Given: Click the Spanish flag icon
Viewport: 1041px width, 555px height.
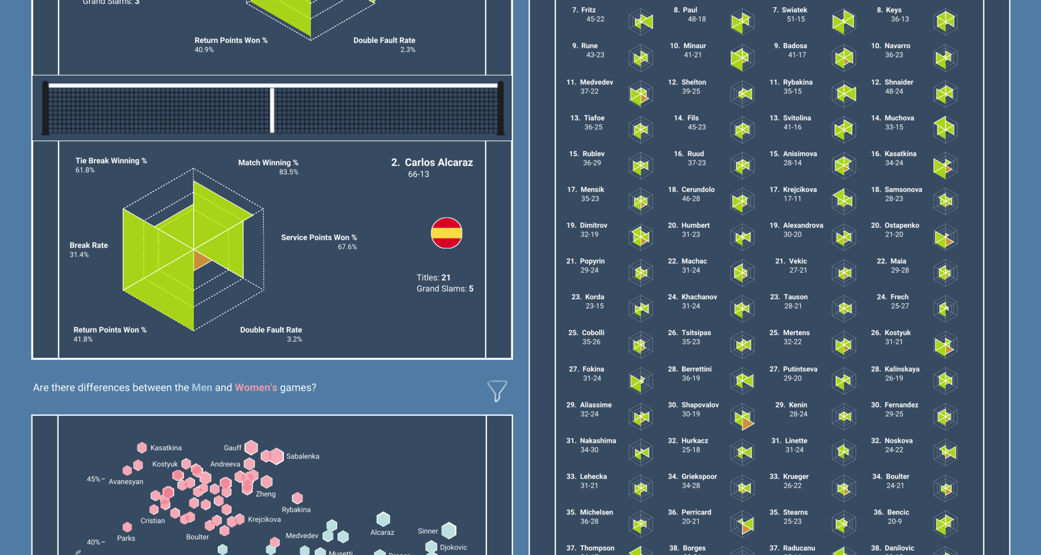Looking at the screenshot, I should tap(446, 233).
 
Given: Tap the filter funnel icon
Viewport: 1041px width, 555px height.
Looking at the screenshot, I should tap(497, 390).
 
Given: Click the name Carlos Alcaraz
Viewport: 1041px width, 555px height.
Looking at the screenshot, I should tap(439, 163).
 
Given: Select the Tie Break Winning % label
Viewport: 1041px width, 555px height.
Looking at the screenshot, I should tap(111, 161).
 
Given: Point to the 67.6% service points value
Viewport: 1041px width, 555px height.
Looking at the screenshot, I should tap(347, 247).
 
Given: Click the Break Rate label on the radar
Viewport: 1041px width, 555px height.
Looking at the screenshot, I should tap(89, 246).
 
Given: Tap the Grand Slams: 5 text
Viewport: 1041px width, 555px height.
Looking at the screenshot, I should tap(445, 289).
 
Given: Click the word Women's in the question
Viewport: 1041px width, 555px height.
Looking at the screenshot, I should tap(256, 388).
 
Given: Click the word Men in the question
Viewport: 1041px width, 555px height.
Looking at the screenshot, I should tap(202, 388).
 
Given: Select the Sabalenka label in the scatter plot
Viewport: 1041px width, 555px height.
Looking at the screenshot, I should tap(303, 456).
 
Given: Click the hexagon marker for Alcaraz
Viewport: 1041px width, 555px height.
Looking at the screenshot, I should tap(383, 519).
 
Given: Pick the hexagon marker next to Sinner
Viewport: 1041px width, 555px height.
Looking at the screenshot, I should tap(449, 530).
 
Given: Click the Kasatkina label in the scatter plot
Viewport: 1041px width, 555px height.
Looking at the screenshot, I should tap(166, 448).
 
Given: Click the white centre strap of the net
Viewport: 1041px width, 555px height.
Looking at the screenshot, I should tap(272, 110).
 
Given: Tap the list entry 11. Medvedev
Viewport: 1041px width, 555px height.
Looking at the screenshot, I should tap(590, 82).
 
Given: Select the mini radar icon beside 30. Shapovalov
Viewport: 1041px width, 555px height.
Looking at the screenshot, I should tap(743, 417).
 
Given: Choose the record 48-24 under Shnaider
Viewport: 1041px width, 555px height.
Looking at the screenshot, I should tap(894, 92).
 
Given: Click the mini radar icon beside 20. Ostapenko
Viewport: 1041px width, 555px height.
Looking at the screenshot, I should tap(945, 237).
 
